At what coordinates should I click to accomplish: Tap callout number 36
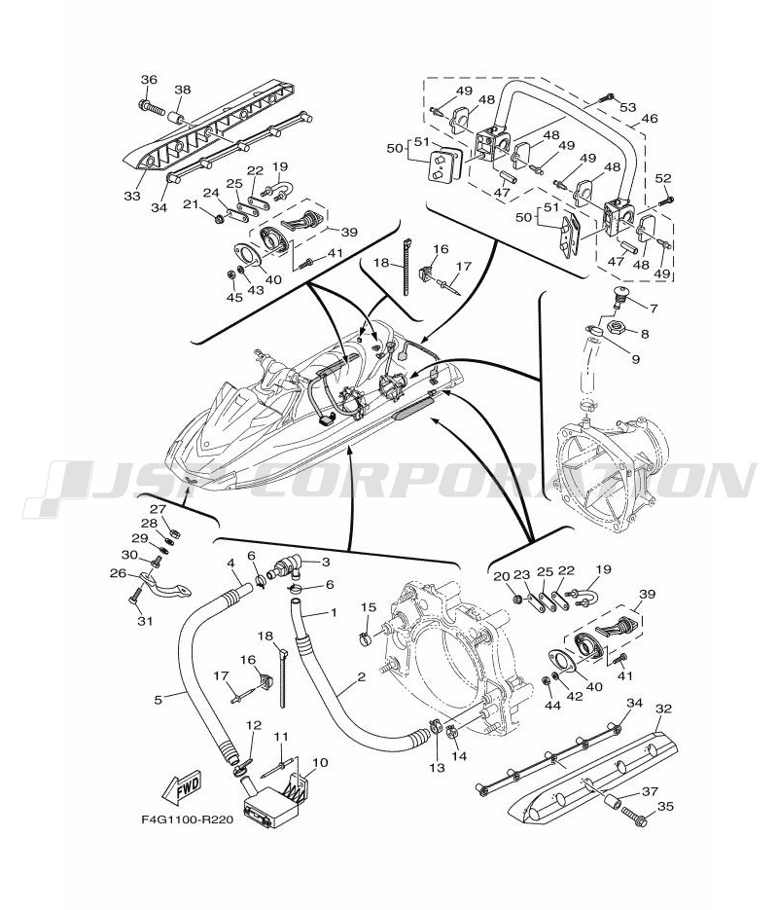(x=149, y=80)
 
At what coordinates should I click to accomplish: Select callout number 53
(x=628, y=107)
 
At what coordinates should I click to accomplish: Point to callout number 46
(x=650, y=119)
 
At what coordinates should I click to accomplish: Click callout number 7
(x=654, y=309)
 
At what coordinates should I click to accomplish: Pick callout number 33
(x=131, y=196)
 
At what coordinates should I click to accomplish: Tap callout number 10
(x=319, y=762)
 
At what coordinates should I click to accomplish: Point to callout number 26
(x=119, y=573)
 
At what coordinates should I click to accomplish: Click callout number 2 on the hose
(x=361, y=676)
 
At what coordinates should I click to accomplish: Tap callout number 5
(x=159, y=700)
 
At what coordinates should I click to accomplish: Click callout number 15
(x=369, y=607)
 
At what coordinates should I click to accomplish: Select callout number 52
(x=663, y=178)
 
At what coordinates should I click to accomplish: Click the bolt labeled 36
(x=153, y=107)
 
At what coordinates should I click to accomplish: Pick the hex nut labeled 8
(x=615, y=329)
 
